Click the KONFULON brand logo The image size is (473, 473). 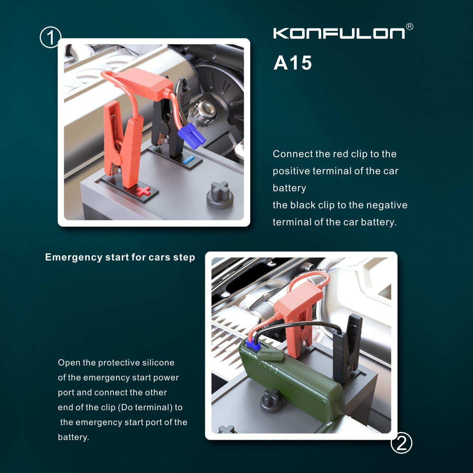pyautogui.click(x=339, y=33)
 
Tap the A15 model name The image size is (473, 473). pyautogui.click(x=293, y=63)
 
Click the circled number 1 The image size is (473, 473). pyautogui.click(x=50, y=37)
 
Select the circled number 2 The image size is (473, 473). pyautogui.click(x=401, y=443)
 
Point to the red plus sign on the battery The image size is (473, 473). pyautogui.click(x=144, y=191)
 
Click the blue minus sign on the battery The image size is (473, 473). pyautogui.click(x=189, y=160)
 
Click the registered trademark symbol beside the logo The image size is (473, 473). pyautogui.click(x=409, y=27)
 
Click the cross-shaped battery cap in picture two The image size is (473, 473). pyautogui.click(x=271, y=401)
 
